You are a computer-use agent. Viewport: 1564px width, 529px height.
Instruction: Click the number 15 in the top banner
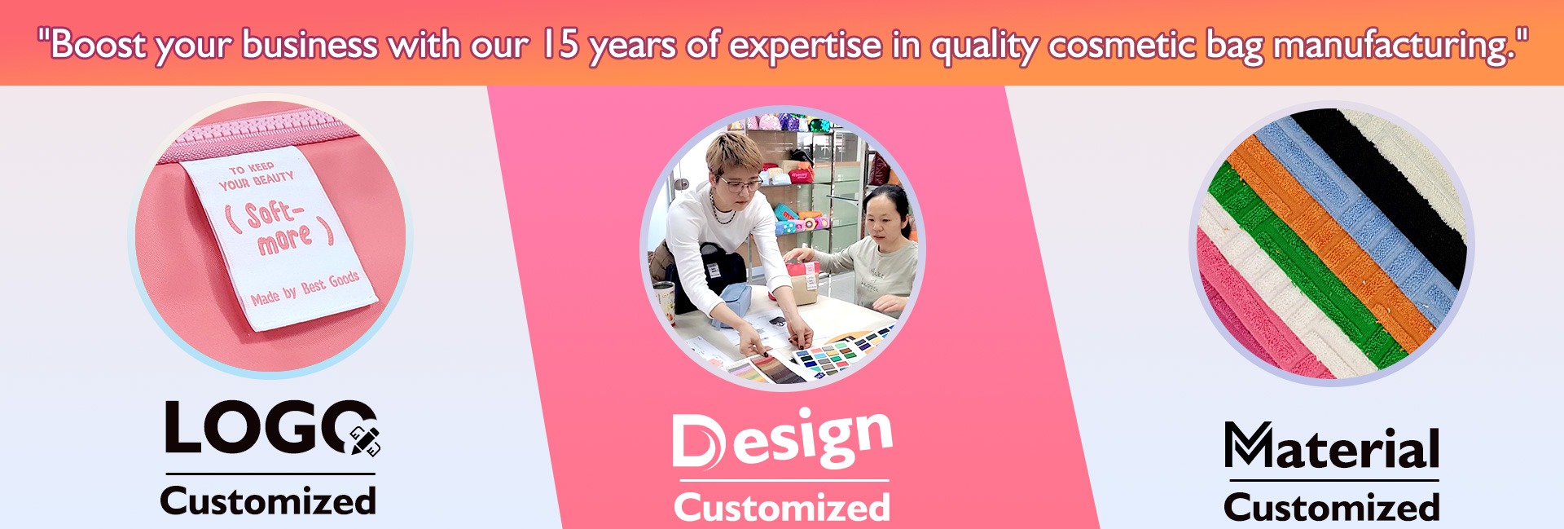click(560, 44)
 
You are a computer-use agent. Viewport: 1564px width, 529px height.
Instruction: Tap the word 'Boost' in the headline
click(97, 44)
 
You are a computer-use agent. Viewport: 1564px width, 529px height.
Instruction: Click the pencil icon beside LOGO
click(365, 440)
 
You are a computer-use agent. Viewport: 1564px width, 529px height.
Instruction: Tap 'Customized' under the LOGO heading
click(268, 500)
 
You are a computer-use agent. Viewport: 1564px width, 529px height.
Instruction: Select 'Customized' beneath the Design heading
click(782, 507)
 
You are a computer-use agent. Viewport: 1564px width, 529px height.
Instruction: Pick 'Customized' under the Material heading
click(1332, 507)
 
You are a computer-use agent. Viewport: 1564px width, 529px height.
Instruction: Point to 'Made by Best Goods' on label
click(305, 288)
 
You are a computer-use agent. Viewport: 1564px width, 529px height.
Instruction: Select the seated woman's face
click(885, 219)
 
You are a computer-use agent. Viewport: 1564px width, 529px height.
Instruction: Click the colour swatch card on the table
click(839, 353)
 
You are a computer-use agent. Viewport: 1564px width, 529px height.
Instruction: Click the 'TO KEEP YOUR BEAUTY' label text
click(257, 175)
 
